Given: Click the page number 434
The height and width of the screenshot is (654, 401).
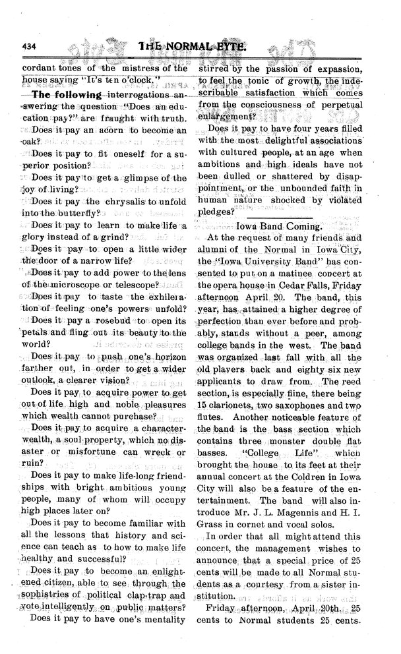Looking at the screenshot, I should tap(31, 46).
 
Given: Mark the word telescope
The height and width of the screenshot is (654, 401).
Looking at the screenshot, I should tap(133, 285).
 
